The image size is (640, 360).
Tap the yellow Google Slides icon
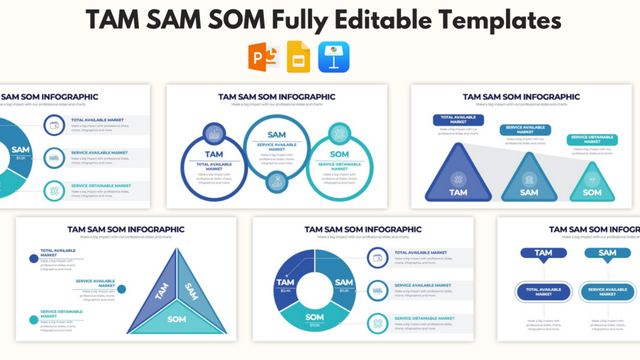click(x=298, y=57)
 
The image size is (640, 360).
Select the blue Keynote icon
click(x=334, y=57)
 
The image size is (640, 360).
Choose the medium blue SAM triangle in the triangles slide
click(x=529, y=182)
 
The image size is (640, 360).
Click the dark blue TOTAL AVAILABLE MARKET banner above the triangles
click(x=458, y=120)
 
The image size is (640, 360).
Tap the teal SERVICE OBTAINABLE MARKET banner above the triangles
click(x=592, y=140)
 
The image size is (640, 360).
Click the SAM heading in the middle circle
click(x=276, y=134)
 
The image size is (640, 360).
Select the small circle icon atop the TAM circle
click(x=214, y=134)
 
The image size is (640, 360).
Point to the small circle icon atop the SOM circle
click(x=339, y=134)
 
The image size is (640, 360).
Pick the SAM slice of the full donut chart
click(x=343, y=280)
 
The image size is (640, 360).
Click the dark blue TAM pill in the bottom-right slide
click(x=543, y=253)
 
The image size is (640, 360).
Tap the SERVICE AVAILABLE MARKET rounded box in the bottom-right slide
click(x=607, y=292)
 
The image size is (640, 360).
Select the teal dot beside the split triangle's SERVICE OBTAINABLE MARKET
click(x=34, y=319)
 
